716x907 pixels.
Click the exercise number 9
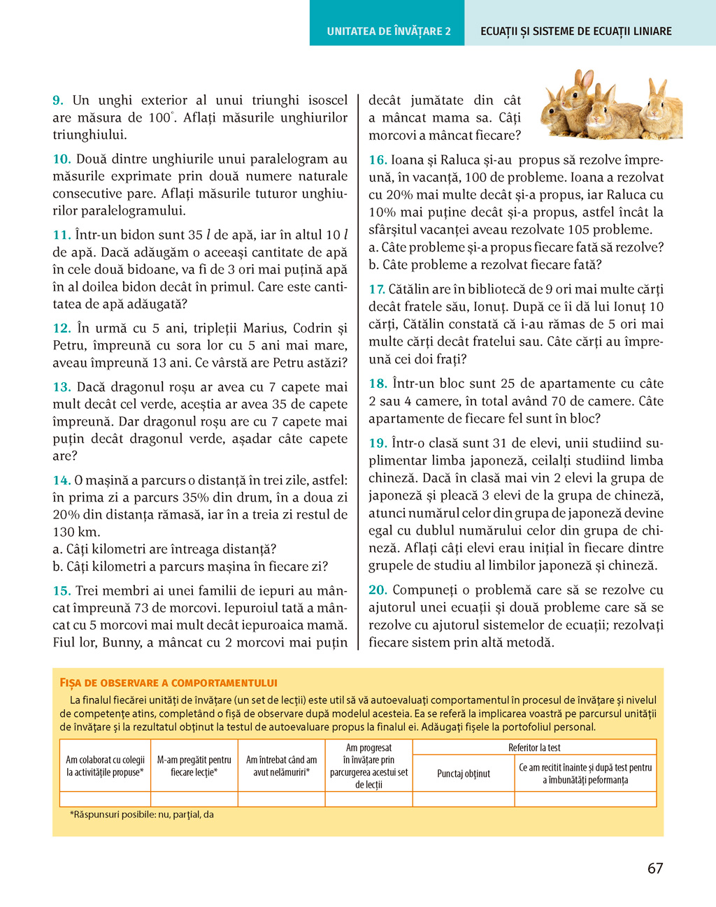point(58,101)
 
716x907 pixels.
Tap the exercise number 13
point(62,387)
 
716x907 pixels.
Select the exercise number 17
point(377,289)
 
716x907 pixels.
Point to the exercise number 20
point(378,590)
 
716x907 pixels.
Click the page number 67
point(654,869)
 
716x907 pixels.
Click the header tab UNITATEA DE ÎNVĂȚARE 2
point(388,31)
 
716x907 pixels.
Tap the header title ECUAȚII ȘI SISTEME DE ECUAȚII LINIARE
point(575,31)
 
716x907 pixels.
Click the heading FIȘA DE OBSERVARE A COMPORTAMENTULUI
point(169,683)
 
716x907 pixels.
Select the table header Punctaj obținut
point(463,774)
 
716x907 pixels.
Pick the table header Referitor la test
point(534,748)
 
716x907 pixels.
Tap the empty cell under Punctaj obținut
point(463,799)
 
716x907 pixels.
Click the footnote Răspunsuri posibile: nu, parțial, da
point(142,815)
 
